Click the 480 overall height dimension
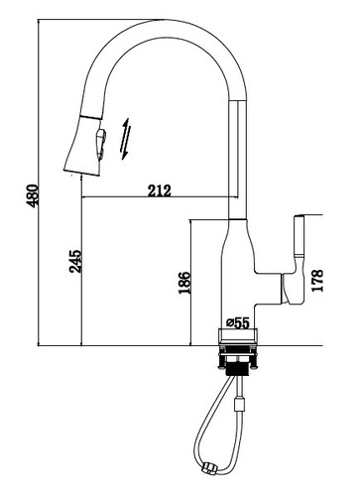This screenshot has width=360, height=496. (33, 195)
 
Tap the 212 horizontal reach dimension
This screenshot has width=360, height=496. (160, 190)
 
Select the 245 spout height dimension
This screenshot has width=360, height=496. (75, 261)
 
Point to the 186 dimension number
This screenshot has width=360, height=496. (184, 283)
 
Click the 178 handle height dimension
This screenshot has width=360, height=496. (316, 281)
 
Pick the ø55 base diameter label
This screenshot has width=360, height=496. (238, 322)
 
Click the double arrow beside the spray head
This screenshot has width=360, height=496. (126, 139)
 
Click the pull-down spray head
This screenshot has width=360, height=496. (84, 145)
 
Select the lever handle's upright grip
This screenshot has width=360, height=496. (300, 236)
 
